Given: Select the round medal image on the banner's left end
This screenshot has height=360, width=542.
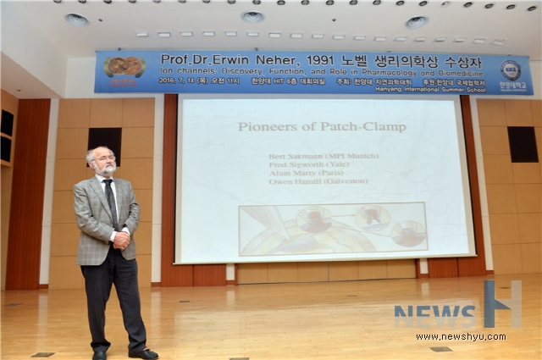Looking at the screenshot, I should pyautogui.click(x=124, y=67).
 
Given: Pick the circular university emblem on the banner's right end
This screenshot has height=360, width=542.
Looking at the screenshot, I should pyautogui.click(x=510, y=69).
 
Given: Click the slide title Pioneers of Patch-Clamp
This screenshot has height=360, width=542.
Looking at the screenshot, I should pyautogui.click(x=321, y=127).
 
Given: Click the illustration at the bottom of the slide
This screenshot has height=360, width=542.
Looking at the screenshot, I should pyautogui.click(x=333, y=228).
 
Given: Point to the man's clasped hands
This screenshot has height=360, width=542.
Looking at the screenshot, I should pyautogui.click(x=121, y=239).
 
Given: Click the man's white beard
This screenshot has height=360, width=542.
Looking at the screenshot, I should pyautogui.click(x=106, y=171).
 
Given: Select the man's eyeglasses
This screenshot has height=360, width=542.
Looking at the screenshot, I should pyautogui.click(x=103, y=159).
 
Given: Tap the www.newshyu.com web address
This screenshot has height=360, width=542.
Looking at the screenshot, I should pyautogui.click(x=461, y=336).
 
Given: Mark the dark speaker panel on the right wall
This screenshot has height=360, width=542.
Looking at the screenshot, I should pyautogui.click(x=523, y=144).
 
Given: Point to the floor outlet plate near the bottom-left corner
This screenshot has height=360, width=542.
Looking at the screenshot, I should pyautogui.click(x=42, y=354).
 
